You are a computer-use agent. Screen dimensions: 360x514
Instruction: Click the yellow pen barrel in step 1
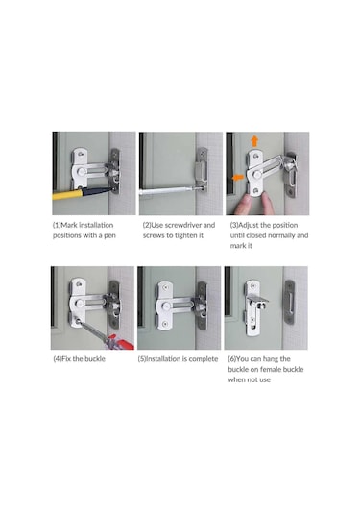[x=67, y=195]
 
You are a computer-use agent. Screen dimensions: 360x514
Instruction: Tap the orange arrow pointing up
[x=254, y=141]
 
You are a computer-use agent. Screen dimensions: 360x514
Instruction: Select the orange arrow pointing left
[x=238, y=178]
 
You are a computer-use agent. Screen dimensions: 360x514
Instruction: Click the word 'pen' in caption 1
[x=109, y=235]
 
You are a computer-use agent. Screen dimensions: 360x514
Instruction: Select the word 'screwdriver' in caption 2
[x=182, y=225]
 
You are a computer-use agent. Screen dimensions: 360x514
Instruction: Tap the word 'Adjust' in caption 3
[x=249, y=225]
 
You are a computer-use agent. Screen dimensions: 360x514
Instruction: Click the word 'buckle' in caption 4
[x=95, y=359]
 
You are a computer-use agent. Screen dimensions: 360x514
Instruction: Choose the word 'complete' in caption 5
[x=204, y=359]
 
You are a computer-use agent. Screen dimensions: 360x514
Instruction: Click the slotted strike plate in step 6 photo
[x=290, y=302]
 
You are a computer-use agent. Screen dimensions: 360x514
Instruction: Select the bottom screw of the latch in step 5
[x=165, y=324]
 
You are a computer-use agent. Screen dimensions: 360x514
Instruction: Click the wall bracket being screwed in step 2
[x=202, y=170]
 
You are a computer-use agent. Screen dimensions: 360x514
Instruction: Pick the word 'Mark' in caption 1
[x=69, y=225]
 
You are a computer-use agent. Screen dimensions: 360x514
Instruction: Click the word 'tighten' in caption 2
[x=189, y=235]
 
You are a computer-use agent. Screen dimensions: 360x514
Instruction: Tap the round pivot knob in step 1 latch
[x=82, y=171]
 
